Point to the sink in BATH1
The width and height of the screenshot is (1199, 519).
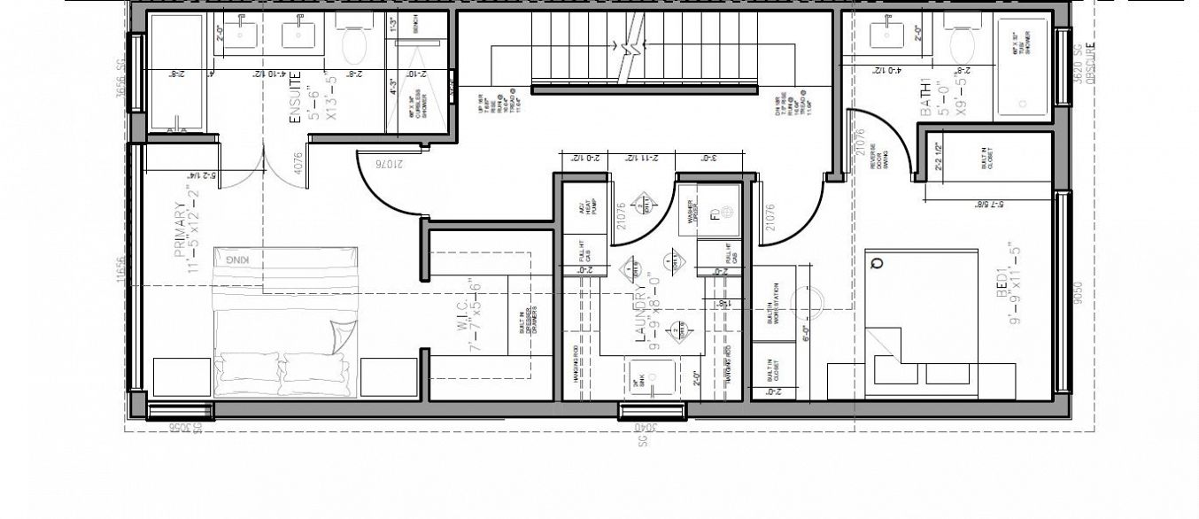885,35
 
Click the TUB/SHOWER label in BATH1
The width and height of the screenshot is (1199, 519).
1018,44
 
